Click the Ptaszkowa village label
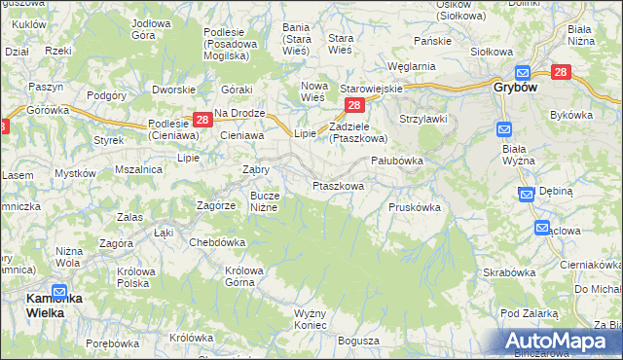(338, 185)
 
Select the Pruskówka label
(415, 207)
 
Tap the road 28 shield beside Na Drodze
(202, 120)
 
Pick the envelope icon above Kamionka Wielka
(59, 291)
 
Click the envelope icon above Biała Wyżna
(504, 128)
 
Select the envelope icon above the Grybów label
(522, 72)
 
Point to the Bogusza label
(358, 342)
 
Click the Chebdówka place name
(217, 242)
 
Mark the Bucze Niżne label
(264, 201)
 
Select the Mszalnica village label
(137, 168)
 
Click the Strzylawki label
(421, 119)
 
